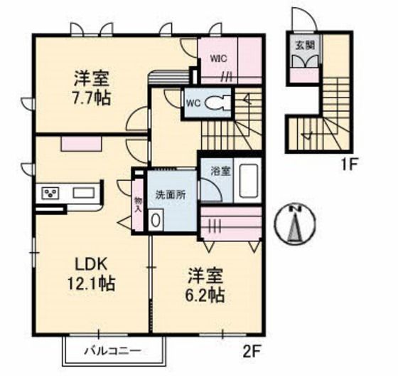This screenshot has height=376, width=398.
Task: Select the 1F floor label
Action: pos(348,164)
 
